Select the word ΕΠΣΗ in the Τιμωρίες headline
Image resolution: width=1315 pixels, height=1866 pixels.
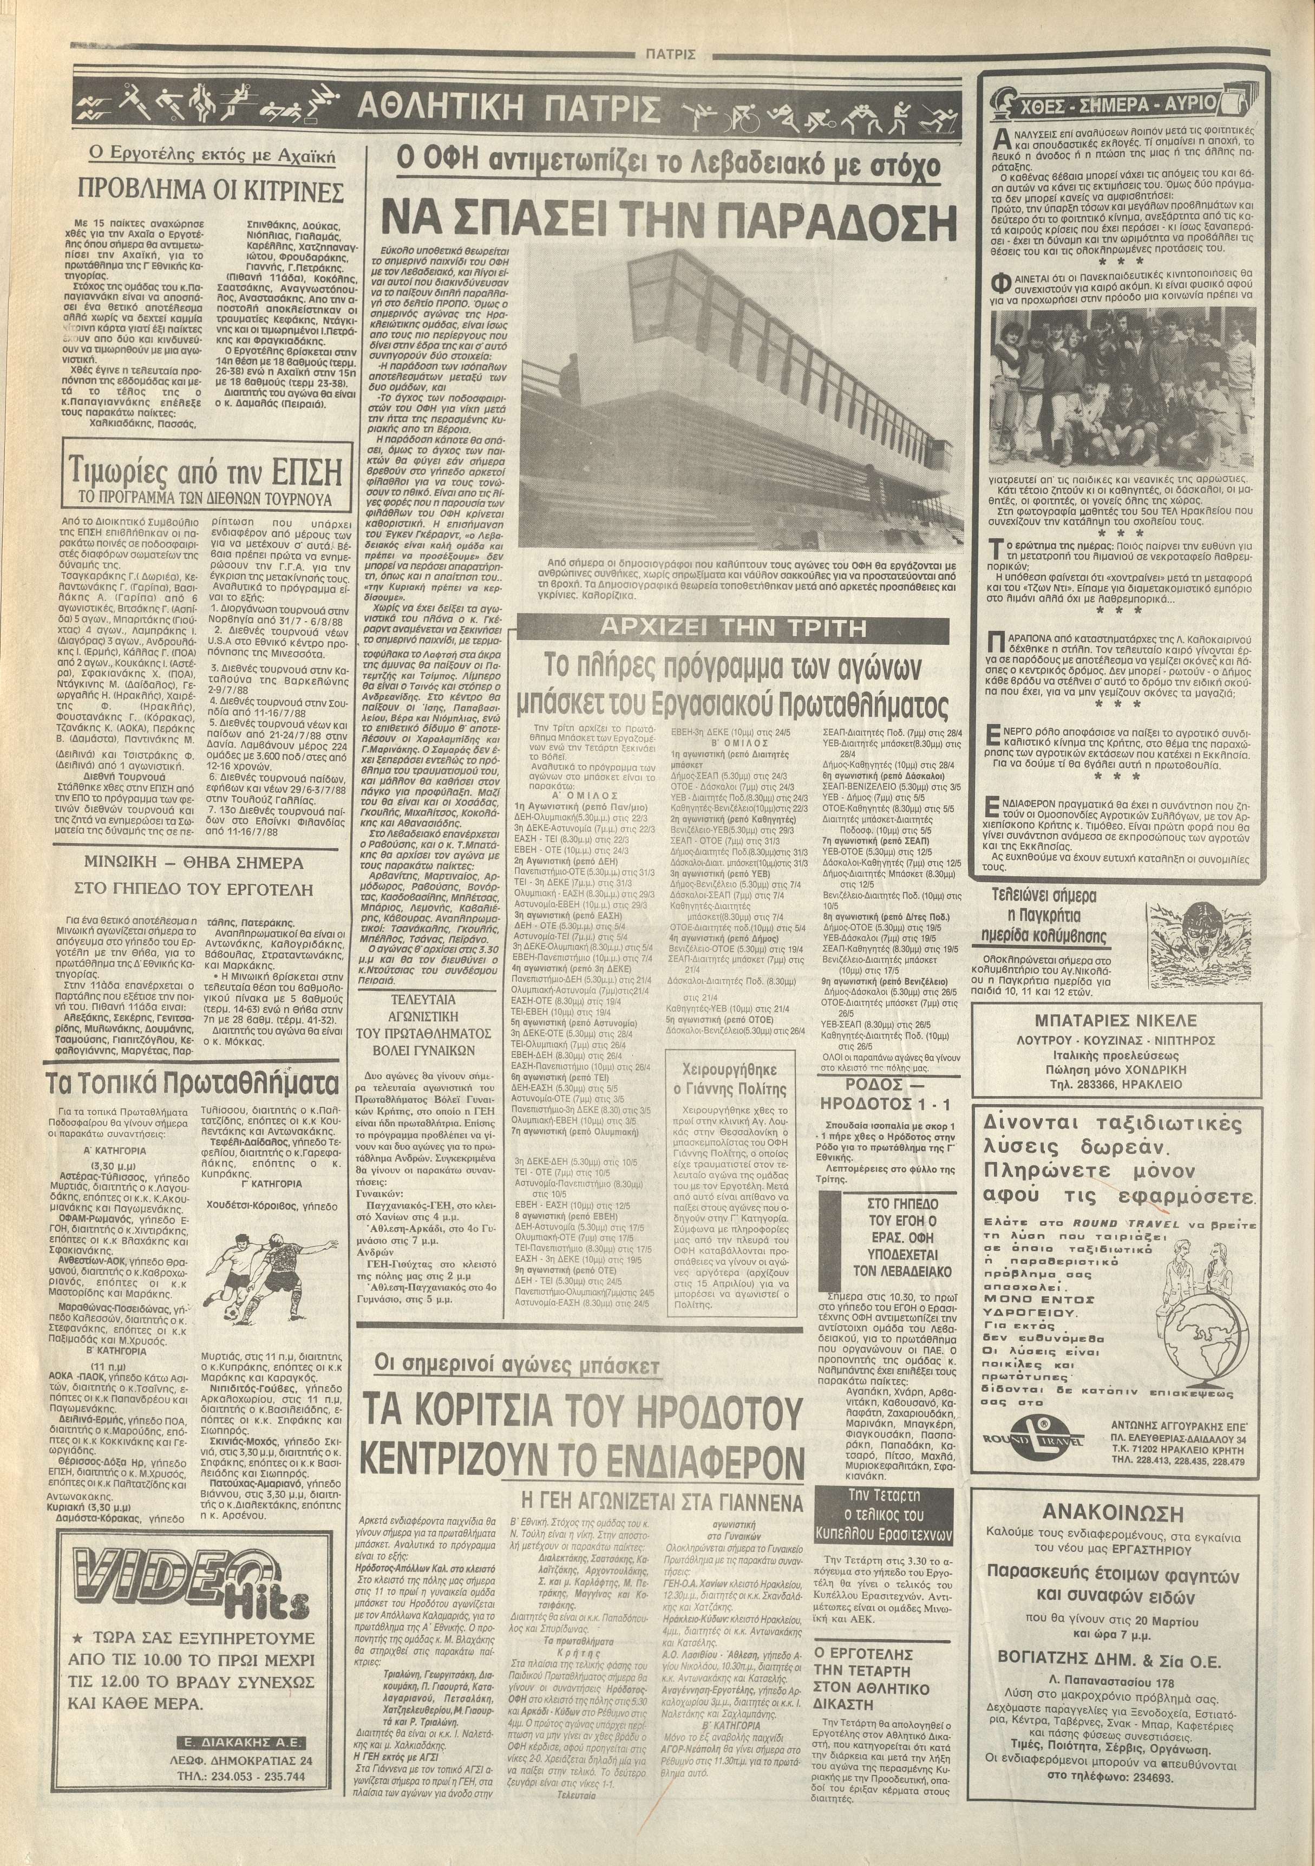[x=300, y=472]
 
